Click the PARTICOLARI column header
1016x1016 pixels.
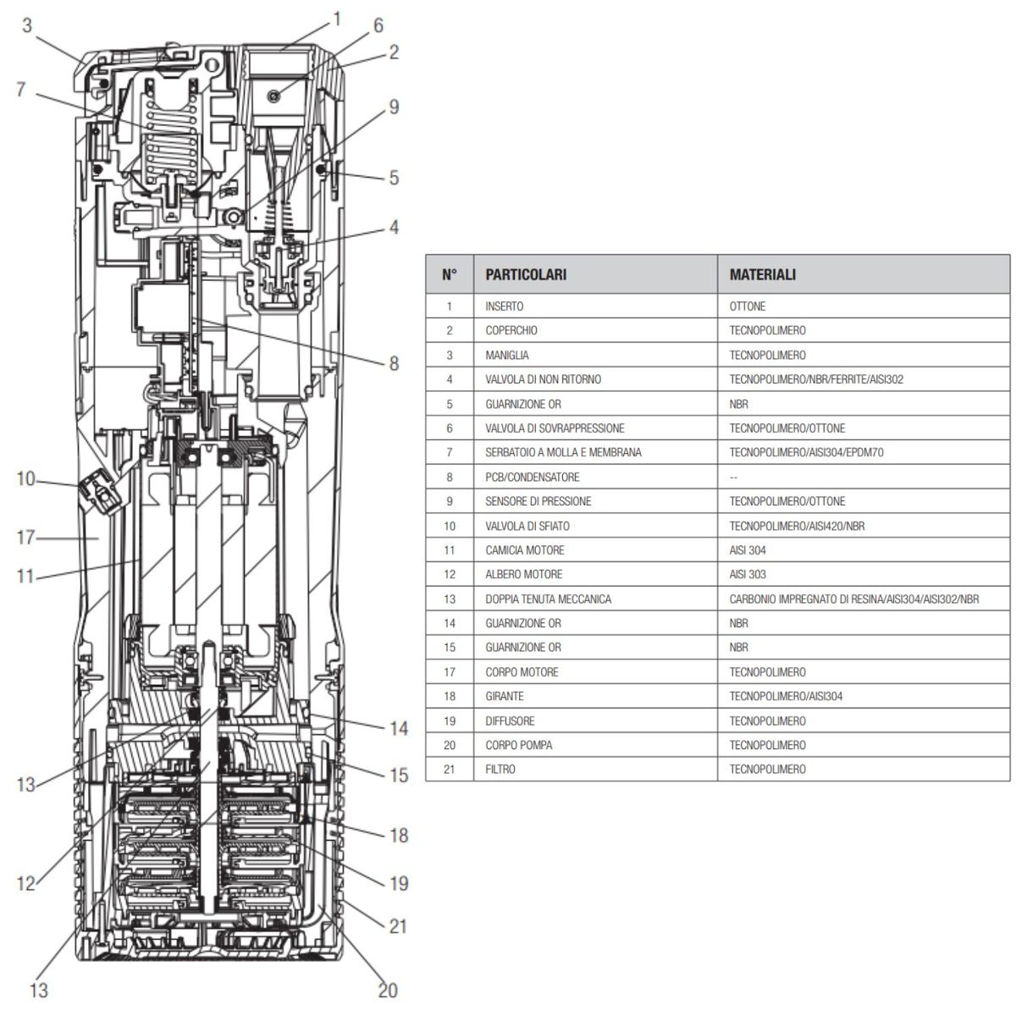[x=526, y=275]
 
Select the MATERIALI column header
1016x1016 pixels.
[x=762, y=275]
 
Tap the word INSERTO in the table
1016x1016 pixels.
[x=505, y=306]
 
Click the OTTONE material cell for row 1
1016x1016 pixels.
[x=747, y=306]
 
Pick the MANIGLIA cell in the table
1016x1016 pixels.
[x=507, y=356]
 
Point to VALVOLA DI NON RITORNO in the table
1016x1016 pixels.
[x=543, y=379]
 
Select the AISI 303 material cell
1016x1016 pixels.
[x=748, y=575]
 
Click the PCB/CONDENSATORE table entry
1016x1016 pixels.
[x=532, y=478]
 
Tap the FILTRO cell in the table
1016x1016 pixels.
[x=500, y=770]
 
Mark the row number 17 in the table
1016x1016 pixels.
[x=450, y=672]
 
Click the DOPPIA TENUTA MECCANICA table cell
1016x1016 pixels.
[x=548, y=599]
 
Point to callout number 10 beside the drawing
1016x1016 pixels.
[x=25, y=479]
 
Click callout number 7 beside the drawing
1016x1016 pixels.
[x=21, y=88]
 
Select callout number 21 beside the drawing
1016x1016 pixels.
[x=398, y=926]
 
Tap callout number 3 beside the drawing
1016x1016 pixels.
[x=27, y=25]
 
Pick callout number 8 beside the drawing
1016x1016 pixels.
[x=394, y=363]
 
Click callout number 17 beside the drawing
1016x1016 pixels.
[x=25, y=537]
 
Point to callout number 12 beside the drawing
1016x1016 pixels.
[x=25, y=884]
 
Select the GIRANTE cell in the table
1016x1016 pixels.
[x=505, y=697]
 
